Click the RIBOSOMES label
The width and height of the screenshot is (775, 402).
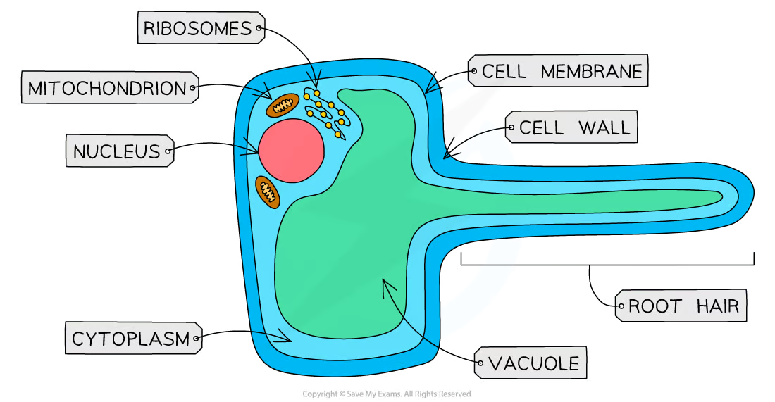[x=197, y=29]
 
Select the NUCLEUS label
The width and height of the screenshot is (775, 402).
[x=116, y=151]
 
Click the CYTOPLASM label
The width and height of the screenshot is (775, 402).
[x=131, y=339]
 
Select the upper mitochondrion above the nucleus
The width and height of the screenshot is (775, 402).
[x=283, y=106]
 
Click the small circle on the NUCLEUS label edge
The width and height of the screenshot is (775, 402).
[x=169, y=150]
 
